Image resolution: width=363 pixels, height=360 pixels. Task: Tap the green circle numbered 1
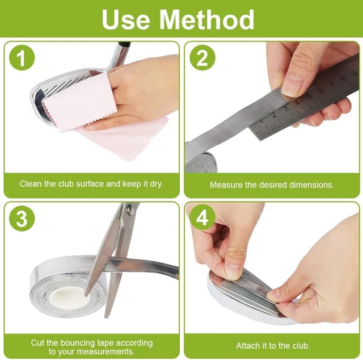click(22, 58)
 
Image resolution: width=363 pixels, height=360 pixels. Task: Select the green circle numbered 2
click(202, 58)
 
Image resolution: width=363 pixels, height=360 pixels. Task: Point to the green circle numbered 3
click(22, 219)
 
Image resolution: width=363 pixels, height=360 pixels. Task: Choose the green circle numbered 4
click(202, 218)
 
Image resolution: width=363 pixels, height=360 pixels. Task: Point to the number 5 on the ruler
click(310, 96)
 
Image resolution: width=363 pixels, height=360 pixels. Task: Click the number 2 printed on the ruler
click(274, 115)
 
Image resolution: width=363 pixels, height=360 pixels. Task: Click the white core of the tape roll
click(70, 298)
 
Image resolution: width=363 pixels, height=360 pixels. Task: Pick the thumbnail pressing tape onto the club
click(233, 271)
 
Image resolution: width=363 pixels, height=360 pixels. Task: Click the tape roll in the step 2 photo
click(202, 162)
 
